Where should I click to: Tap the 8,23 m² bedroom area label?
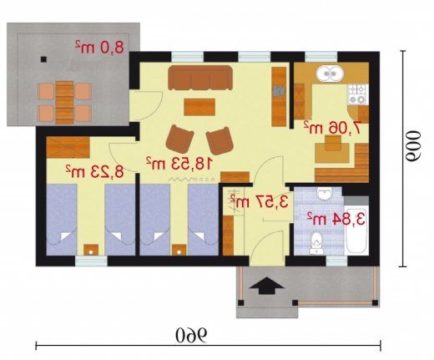click(94, 172)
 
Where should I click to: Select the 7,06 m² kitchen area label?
click(332, 128)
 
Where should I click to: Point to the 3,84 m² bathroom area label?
click(336, 219)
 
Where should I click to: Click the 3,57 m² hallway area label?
click(259, 202)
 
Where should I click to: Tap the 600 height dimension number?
click(413, 146)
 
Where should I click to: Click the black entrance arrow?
click(266, 286)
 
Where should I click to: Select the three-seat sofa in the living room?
click(200, 78)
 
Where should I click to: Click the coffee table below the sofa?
click(199, 107)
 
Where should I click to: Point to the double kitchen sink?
click(330, 74)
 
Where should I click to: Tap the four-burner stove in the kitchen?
click(358, 94)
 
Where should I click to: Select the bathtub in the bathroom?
click(356, 231)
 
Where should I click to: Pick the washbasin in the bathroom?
click(324, 194)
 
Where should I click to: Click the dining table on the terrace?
click(64, 102)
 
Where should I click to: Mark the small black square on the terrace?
click(43, 59)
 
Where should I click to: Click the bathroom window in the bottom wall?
click(336, 261)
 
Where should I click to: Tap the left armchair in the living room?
click(179, 139)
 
